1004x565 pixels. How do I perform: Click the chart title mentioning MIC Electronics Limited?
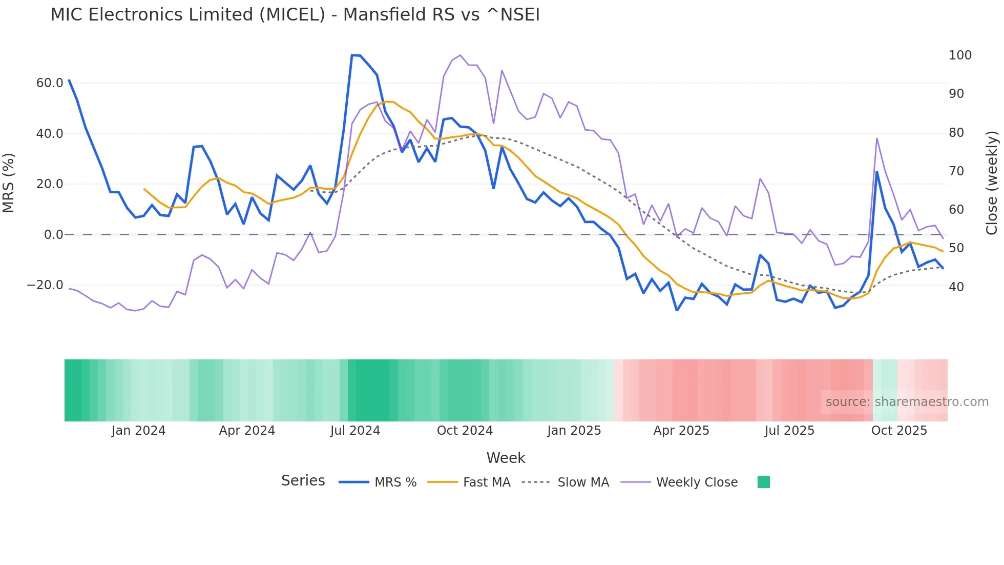295,14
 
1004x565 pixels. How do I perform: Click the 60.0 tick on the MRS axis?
50,83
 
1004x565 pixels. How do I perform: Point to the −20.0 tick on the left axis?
45,285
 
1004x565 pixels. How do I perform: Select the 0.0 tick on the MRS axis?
53,235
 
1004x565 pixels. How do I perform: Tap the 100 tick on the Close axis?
960,55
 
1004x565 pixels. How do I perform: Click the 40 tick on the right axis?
956,287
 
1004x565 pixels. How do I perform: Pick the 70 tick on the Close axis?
956,171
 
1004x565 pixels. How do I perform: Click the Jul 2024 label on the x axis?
355,431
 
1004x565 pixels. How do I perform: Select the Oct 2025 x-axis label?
899,431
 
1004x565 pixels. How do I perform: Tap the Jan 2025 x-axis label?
574,431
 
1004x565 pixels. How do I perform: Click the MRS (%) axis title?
9,183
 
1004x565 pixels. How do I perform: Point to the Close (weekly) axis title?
992,183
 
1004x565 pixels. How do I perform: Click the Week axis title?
506,458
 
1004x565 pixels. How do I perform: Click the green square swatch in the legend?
763,482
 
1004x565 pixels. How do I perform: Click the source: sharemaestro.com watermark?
907,402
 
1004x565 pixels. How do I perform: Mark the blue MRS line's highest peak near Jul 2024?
352,55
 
